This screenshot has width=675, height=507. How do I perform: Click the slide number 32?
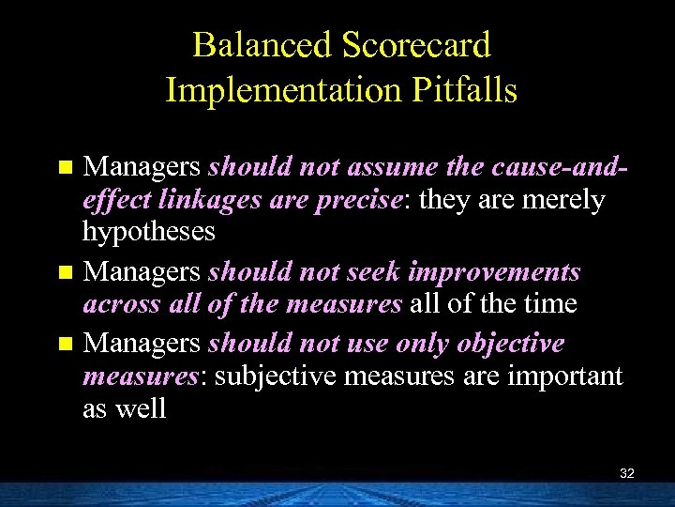point(627,473)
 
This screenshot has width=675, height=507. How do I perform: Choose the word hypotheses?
point(149,231)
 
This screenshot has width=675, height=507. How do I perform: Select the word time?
point(551,304)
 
